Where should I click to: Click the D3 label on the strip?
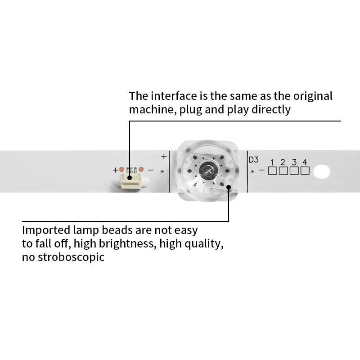click(x=254, y=160)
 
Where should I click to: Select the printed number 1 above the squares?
click(x=272, y=162)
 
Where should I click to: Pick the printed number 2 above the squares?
click(x=283, y=162)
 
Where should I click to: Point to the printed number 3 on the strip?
click(x=294, y=162)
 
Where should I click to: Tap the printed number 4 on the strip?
click(x=305, y=162)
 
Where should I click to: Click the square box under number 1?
click(x=272, y=171)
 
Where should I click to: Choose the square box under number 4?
click(x=305, y=171)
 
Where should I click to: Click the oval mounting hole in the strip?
click(x=322, y=171)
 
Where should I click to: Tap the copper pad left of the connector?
click(x=121, y=170)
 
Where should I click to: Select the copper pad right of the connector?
click(x=140, y=170)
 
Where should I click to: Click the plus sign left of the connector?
click(x=115, y=170)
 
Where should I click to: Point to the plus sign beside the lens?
click(x=163, y=157)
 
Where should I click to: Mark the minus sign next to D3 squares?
click(x=262, y=171)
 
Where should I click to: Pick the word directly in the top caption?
click(x=271, y=109)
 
